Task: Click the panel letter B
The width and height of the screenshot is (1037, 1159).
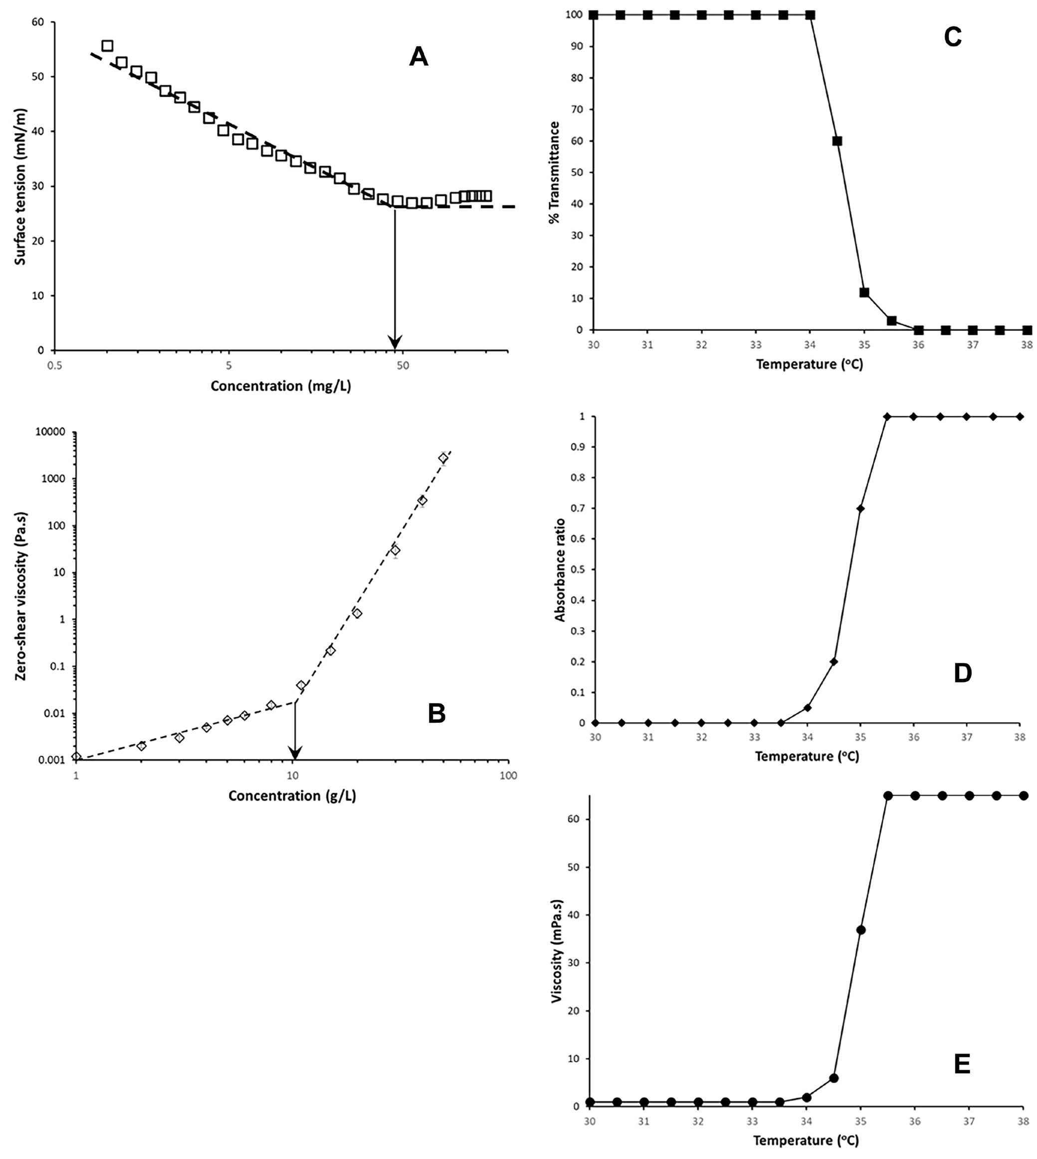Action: coord(436,713)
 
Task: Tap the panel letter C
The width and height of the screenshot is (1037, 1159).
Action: coord(953,37)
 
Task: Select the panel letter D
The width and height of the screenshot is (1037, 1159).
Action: coord(962,673)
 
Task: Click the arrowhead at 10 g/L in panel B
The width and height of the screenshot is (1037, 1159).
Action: coord(294,752)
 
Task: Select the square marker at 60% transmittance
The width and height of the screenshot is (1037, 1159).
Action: coord(837,141)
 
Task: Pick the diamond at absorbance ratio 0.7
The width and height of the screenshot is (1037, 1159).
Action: coord(860,508)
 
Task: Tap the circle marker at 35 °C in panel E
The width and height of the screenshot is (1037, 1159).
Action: coord(861,930)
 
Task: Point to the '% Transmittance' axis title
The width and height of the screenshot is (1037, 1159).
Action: coord(554,172)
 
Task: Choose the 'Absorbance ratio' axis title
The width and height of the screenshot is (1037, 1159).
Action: coord(560,570)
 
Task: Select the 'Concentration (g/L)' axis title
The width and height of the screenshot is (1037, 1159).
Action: coord(292,796)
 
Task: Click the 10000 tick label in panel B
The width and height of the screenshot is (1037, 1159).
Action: coord(50,432)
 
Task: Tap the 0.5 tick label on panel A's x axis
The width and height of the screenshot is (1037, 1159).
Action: coord(55,364)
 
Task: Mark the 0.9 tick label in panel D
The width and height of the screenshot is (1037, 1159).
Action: coord(578,447)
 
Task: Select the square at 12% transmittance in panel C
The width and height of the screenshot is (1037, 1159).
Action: coord(864,292)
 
